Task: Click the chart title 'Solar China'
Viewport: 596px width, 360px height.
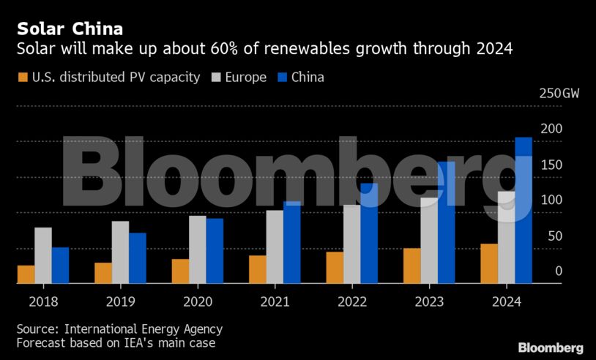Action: tap(70, 29)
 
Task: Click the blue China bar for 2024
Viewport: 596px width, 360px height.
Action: tap(524, 210)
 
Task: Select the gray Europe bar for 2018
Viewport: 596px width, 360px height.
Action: tap(43, 255)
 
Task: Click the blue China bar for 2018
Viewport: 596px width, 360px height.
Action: tap(60, 265)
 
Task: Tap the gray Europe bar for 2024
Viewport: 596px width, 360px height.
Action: tap(506, 237)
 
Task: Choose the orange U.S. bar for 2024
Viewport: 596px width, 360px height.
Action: tap(489, 263)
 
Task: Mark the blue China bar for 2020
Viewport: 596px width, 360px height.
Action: tap(215, 251)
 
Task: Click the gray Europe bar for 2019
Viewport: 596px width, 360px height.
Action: tap(120, 252)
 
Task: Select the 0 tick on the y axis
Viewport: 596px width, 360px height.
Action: tap(558, 271)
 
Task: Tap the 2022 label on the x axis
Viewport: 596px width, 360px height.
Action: tap(352, 301)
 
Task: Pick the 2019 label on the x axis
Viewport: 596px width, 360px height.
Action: tap(121, 301)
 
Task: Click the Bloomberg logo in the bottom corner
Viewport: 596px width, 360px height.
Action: tap(551, 348)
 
